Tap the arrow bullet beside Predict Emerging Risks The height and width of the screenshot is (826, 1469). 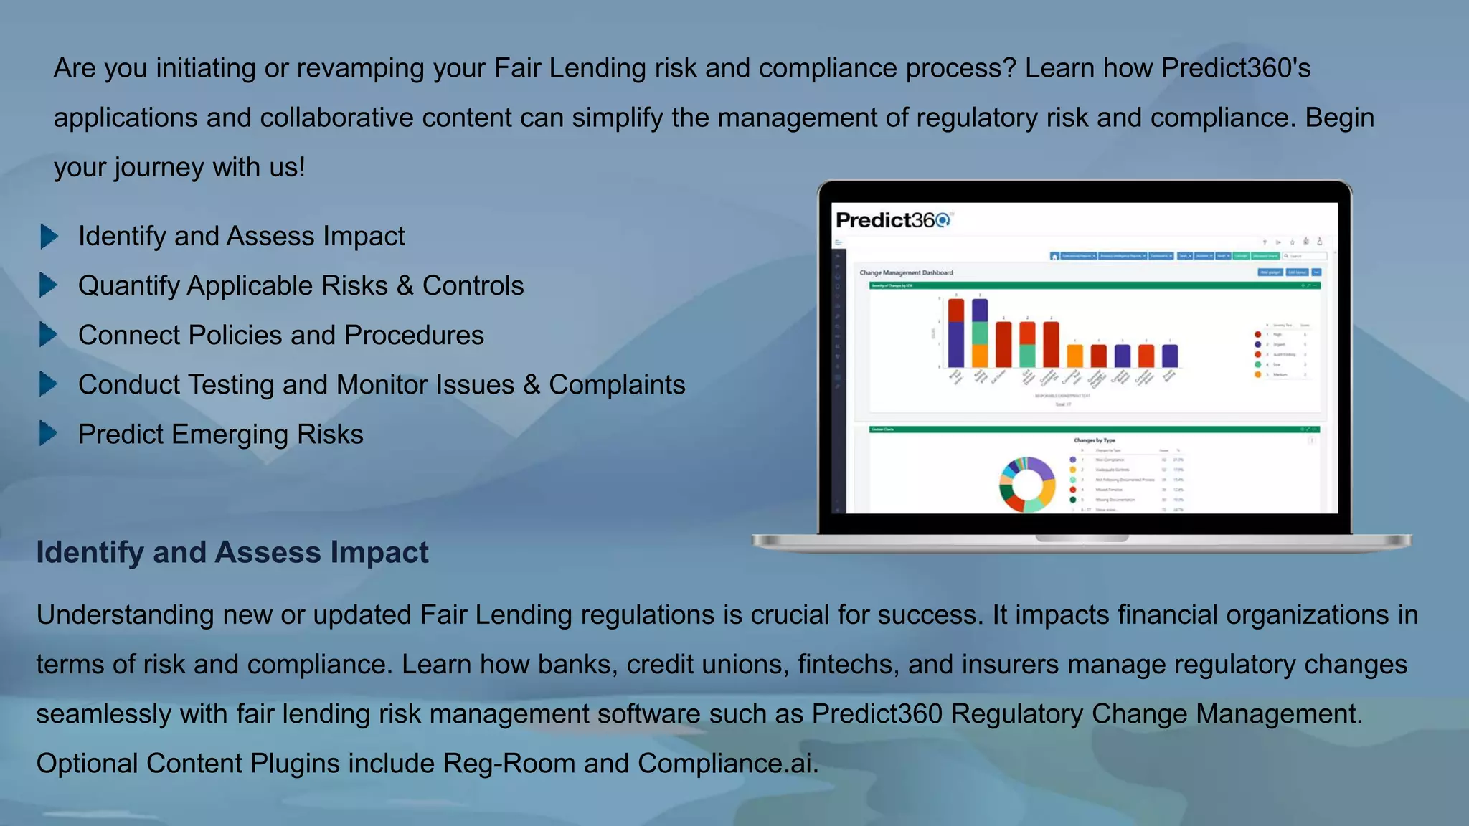point(49,433)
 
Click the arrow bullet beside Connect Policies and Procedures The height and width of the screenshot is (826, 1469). point(49,334)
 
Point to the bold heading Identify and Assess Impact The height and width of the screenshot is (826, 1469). point(232,552)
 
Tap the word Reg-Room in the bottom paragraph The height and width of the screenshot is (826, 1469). point(509,763)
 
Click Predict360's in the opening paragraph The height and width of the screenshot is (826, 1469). point(1236,68)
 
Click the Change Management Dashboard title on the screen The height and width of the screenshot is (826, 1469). point(906,272)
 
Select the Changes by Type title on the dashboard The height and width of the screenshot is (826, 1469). point(1094,440)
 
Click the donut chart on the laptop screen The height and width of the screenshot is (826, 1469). point(1027,485)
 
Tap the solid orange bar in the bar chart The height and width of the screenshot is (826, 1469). point(1074,356)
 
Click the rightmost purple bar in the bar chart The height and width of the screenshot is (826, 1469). point(1169,356)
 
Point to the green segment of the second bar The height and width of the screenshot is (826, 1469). point(980,333)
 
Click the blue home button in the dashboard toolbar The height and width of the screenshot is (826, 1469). point(1054,256)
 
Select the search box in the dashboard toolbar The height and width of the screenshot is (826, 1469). point(1305,256)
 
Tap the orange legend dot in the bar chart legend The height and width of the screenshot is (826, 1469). point(1257,374)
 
